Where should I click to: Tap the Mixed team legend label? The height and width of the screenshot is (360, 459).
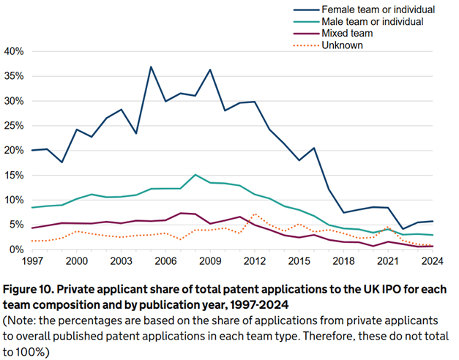342,34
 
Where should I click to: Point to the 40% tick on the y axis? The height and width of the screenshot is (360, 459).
15,51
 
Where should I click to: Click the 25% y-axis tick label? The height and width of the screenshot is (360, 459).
15,126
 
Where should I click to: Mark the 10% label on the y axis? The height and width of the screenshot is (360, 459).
15,200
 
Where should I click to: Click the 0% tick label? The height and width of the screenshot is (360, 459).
18,250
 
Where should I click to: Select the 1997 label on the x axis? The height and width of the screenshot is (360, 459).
33,261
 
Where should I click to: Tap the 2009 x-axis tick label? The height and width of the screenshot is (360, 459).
211,261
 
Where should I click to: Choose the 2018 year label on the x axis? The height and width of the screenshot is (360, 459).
344,261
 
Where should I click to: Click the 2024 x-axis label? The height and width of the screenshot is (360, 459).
432,261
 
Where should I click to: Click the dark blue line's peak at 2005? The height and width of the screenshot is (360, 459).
151,67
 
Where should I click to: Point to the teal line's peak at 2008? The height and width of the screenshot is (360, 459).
195,175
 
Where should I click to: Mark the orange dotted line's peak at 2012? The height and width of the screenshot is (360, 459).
255,214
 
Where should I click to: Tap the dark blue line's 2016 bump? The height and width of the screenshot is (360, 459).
314,148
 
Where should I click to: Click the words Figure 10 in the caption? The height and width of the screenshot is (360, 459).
34,282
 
